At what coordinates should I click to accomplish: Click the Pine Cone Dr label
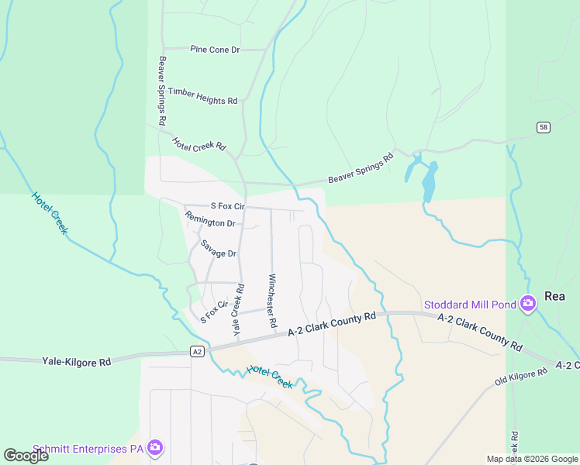[x=215, y=50]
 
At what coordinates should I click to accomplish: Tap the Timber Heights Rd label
[x=202, y=95]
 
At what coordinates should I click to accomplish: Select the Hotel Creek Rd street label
[x=199, y=143]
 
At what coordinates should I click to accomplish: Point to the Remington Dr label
[x=209, y=222]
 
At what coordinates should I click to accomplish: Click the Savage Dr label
[x=218, y=249]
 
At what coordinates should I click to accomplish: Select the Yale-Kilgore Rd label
[x=76, y=361]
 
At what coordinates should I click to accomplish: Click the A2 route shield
[x=198, y=352]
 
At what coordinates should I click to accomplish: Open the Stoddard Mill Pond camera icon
[x=528, y=304]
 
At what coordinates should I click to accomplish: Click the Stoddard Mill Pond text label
[x=469, y=304]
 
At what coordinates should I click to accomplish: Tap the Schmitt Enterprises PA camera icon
[x=155, y=447]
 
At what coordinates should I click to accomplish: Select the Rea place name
[x=554, y=296]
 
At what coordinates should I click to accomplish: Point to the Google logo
[x=26, y=456]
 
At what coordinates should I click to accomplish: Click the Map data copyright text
[x=531, y=459]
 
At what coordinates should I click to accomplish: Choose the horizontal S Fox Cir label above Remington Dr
[x=227, y=206]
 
